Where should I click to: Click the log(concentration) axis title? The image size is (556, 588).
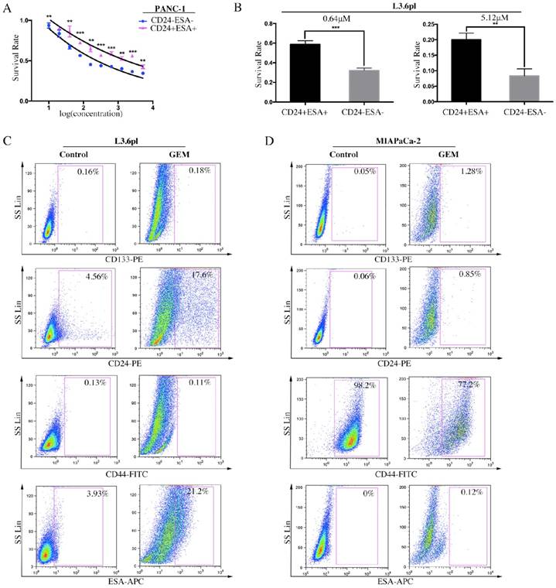tap(101, 114)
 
